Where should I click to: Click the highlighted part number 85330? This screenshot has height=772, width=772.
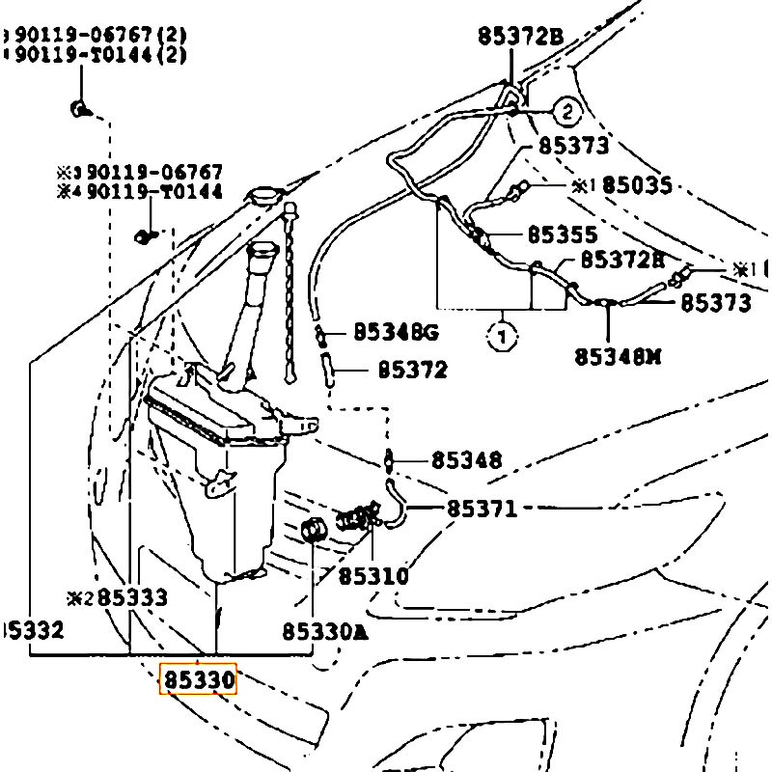pyautogui.click(x=198, y=679)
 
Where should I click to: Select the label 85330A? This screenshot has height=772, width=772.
pyautogui.click(x=325, y=632)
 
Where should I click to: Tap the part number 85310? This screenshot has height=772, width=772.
pyautogui.click(x=372, y=576)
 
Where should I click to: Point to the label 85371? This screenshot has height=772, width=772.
pyautogui.click(x=482, y=508)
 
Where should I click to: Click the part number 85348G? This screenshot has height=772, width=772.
pyautogui.click(x=396, y=333)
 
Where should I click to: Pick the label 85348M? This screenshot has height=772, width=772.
pyautogui.click(x=618, y=356)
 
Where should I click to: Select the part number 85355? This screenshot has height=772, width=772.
pyautogui.click(x=563, y=235)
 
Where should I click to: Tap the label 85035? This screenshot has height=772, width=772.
pyautogui.click(x=637, y=185)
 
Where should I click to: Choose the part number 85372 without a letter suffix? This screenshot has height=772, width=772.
pyautogui.click(x=412, y=370)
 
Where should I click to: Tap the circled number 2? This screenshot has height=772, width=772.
pyautogui.click(x=567, y=113)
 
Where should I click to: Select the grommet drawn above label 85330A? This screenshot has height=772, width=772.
pyautogui.click(x=312, y=529)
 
